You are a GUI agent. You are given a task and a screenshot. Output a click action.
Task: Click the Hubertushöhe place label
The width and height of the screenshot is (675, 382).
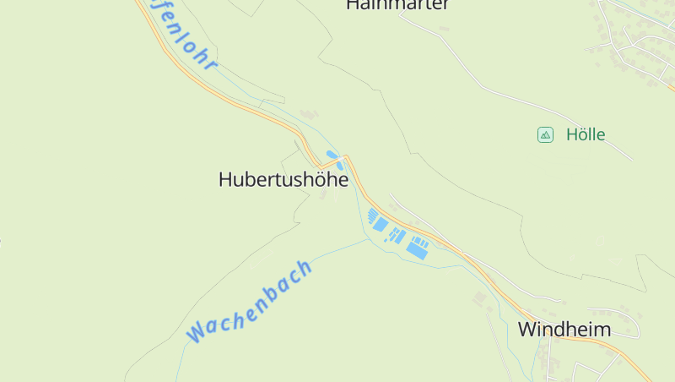tap(283, 180)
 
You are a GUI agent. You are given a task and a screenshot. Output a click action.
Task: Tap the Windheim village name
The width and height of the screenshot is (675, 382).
tap(564, 329)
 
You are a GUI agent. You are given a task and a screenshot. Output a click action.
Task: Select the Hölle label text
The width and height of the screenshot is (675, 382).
tap(586, 134)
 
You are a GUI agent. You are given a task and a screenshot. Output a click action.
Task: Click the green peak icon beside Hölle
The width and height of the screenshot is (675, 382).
tap(545, 134)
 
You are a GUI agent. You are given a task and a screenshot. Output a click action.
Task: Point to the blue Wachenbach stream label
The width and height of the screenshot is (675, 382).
tap(250, 301)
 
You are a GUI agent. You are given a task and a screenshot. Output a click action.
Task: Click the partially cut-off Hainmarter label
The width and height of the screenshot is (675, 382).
tap(397, 5)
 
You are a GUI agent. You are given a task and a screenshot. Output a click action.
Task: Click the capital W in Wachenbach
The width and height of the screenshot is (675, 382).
tap(196, 330)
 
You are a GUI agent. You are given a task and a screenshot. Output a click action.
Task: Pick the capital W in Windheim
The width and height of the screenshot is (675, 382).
tap(527, 329)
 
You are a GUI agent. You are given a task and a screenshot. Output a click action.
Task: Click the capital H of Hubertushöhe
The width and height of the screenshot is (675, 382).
tap(224, 180)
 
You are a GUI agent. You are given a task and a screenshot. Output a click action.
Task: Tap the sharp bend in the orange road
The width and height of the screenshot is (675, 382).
tap(344, 158)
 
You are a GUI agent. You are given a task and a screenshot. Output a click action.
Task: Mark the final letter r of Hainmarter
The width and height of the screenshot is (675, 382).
tap(445, 5)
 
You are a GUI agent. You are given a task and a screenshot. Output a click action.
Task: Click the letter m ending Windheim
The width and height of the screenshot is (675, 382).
tap(602, 330)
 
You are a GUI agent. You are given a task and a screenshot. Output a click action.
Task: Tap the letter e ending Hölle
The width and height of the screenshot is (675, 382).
tap(600, 134)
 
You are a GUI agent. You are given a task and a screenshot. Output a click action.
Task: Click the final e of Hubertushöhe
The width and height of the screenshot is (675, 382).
tap(343, 180)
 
